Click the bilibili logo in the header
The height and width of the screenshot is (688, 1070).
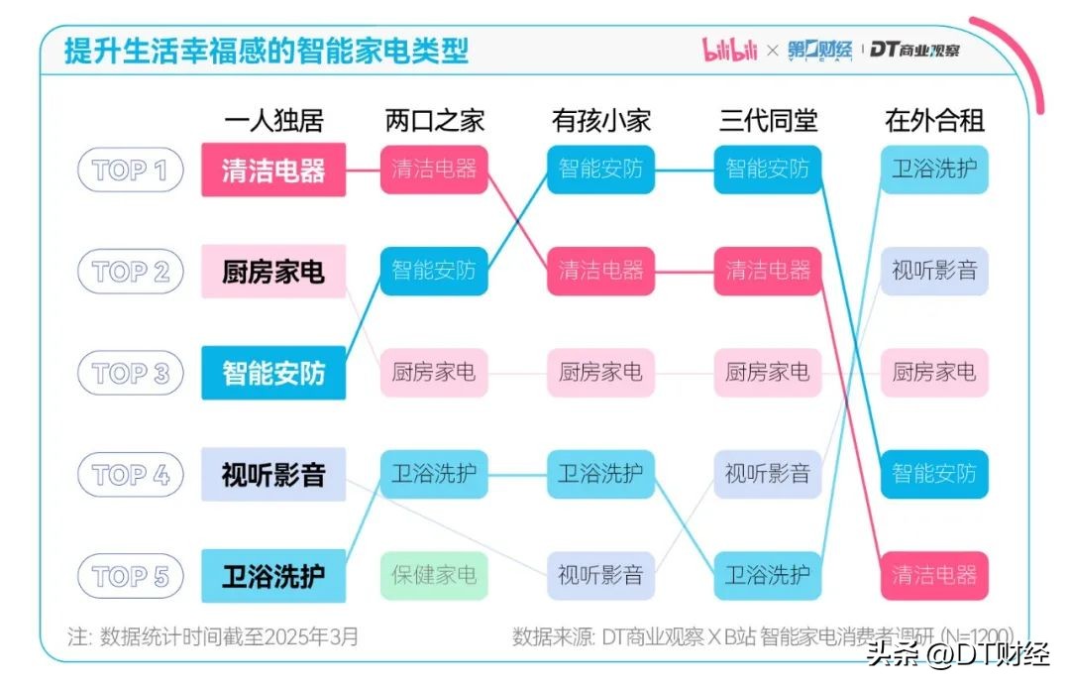point(730,50)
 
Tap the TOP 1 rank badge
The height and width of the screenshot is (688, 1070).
point(130,171)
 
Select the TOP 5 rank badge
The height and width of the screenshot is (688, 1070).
point(130,577)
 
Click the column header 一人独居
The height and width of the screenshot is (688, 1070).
point(273,122)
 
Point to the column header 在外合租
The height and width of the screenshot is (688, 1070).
point(934,122)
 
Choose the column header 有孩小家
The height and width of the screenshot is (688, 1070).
point(601,122)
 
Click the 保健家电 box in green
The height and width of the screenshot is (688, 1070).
point(434,574)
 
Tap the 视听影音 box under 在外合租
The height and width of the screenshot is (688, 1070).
point(934,271)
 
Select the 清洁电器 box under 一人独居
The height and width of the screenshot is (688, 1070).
point(273,171)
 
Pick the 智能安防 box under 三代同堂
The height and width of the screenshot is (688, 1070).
point(768,170)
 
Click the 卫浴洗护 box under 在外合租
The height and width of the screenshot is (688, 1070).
point(934,170)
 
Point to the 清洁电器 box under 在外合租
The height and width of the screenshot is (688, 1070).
point(934,575)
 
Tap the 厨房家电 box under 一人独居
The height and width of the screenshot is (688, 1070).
point(273,272)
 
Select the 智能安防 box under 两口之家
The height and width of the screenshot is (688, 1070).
point(434,271)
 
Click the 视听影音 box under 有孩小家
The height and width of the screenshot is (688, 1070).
point(601,575)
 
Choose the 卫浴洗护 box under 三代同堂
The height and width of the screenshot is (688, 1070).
point(768,575)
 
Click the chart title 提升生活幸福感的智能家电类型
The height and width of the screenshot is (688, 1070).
point(267,51)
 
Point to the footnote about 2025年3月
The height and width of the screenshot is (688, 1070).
point(213,635)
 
